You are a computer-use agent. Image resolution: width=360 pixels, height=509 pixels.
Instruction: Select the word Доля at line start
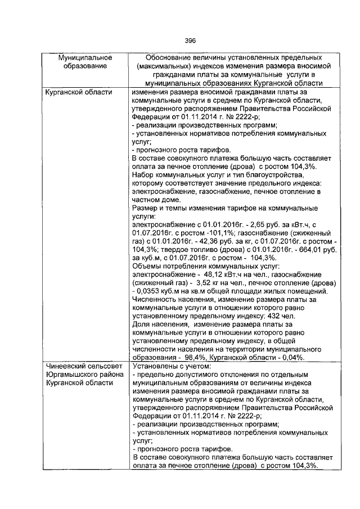coord(140,326)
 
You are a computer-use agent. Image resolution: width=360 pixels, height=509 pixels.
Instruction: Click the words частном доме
coord(155,200)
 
